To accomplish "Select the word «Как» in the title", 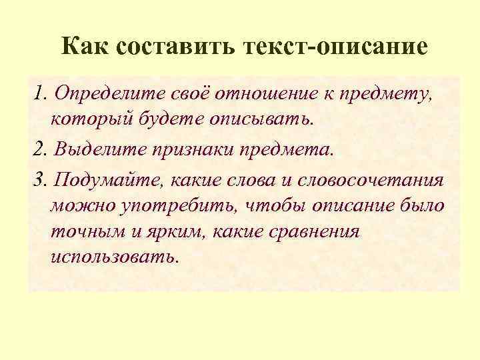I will click(85, 47).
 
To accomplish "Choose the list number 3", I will click(38, 181).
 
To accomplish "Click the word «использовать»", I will click(114, 257).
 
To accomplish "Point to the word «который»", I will click(85, 119).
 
